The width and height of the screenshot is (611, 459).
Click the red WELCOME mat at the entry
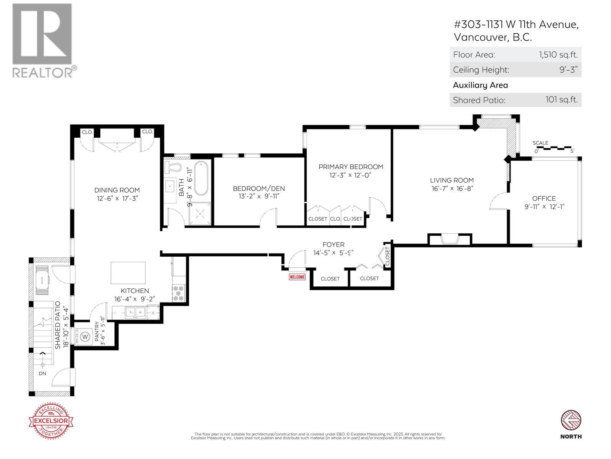[297, 277]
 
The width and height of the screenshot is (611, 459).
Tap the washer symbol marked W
[85, 337]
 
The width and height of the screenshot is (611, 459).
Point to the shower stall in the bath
[199, 213]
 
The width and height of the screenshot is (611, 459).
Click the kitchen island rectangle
[128, 273]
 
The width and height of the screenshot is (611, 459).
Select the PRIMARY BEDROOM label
[351, 167]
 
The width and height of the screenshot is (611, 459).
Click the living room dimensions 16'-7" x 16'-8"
[451, 189]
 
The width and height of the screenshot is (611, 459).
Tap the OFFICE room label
[544, 198]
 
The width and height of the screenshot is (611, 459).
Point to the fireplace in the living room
[449, 239]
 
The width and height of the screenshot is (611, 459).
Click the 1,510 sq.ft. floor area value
[558, 54]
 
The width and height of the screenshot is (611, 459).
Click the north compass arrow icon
[571, 421]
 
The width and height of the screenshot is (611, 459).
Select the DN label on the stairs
[42, 373]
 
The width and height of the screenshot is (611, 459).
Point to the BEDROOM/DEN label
[259, 188]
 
